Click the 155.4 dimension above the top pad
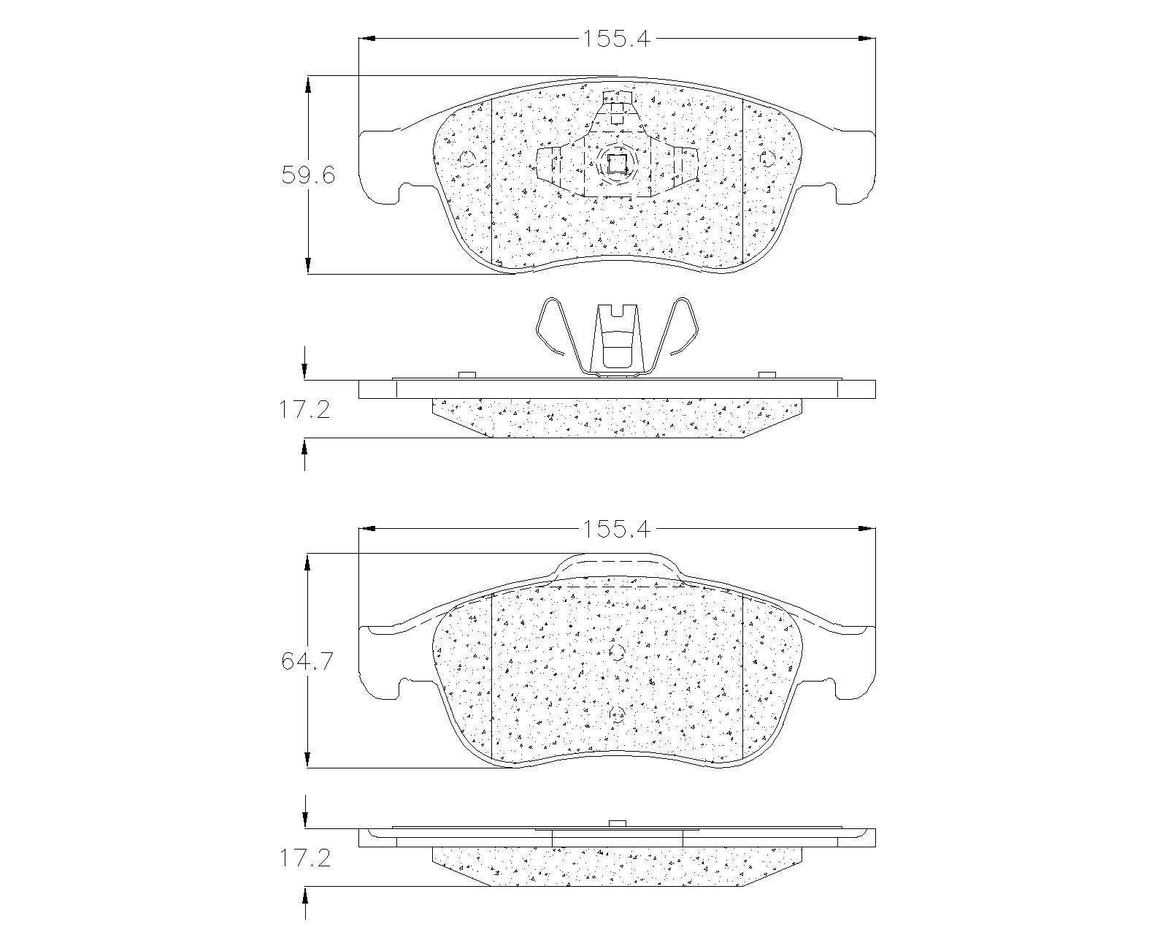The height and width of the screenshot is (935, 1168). pyautogui.click(x=616, y=39)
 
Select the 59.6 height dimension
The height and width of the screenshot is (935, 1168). pyautogui.click(x=308, y=175)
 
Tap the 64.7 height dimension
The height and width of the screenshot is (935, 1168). pyautogui.click(x=307, y=661)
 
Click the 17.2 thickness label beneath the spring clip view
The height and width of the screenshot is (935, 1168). pyautogui.click(x=304, y=409)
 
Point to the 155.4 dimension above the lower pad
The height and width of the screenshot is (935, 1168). pyautogui.click(x=616, y=529)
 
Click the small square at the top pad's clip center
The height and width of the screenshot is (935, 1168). pyautogui.click(x=617, y=163)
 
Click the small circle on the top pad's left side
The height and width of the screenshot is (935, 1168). pyautogui.click(x=466, y=159)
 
